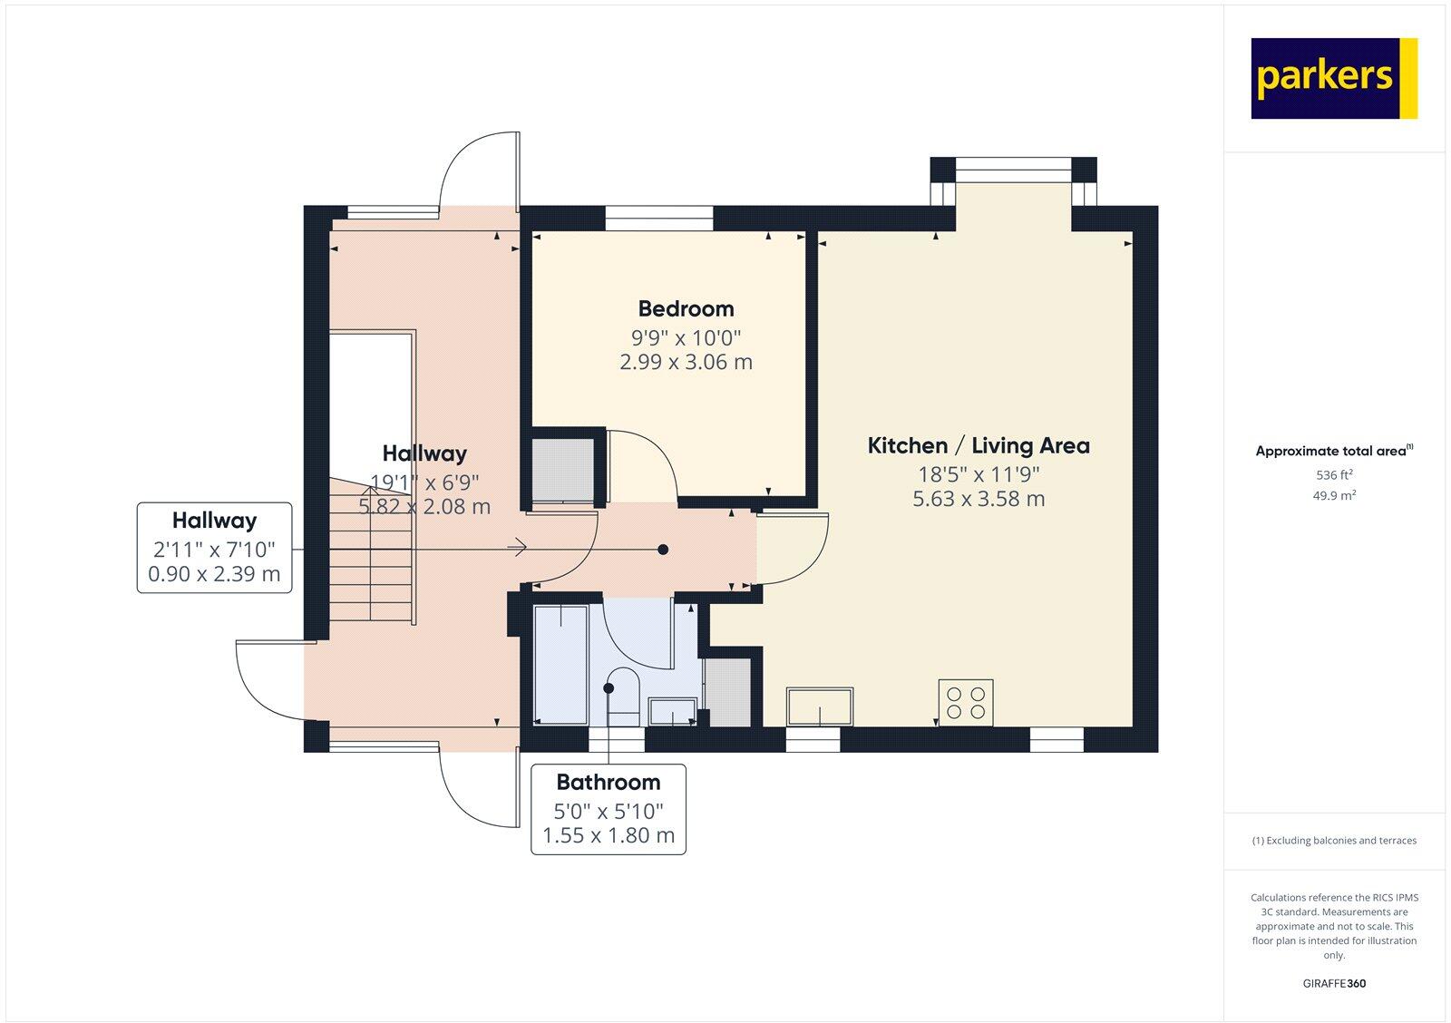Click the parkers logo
[x=1333, y=78]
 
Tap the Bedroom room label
[x=686, y=308]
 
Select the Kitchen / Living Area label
[x=978, y=445]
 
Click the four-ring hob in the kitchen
[x=966, y=702]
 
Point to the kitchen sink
[x=820, y=706]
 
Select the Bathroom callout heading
[x=608, y=782]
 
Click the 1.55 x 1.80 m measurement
[x=608, y=835]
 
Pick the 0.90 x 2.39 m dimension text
[x=214, y=574]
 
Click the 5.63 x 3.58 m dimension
[x=978, y=499]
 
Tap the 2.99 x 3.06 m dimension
[x=686, y=362]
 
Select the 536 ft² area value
[x=1334, y=474]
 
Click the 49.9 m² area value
[x=1334, y=495]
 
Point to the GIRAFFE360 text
[x=1334, y=983]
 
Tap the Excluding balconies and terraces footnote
[x=1334, y=841]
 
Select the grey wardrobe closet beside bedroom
[x=562, y=470]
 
